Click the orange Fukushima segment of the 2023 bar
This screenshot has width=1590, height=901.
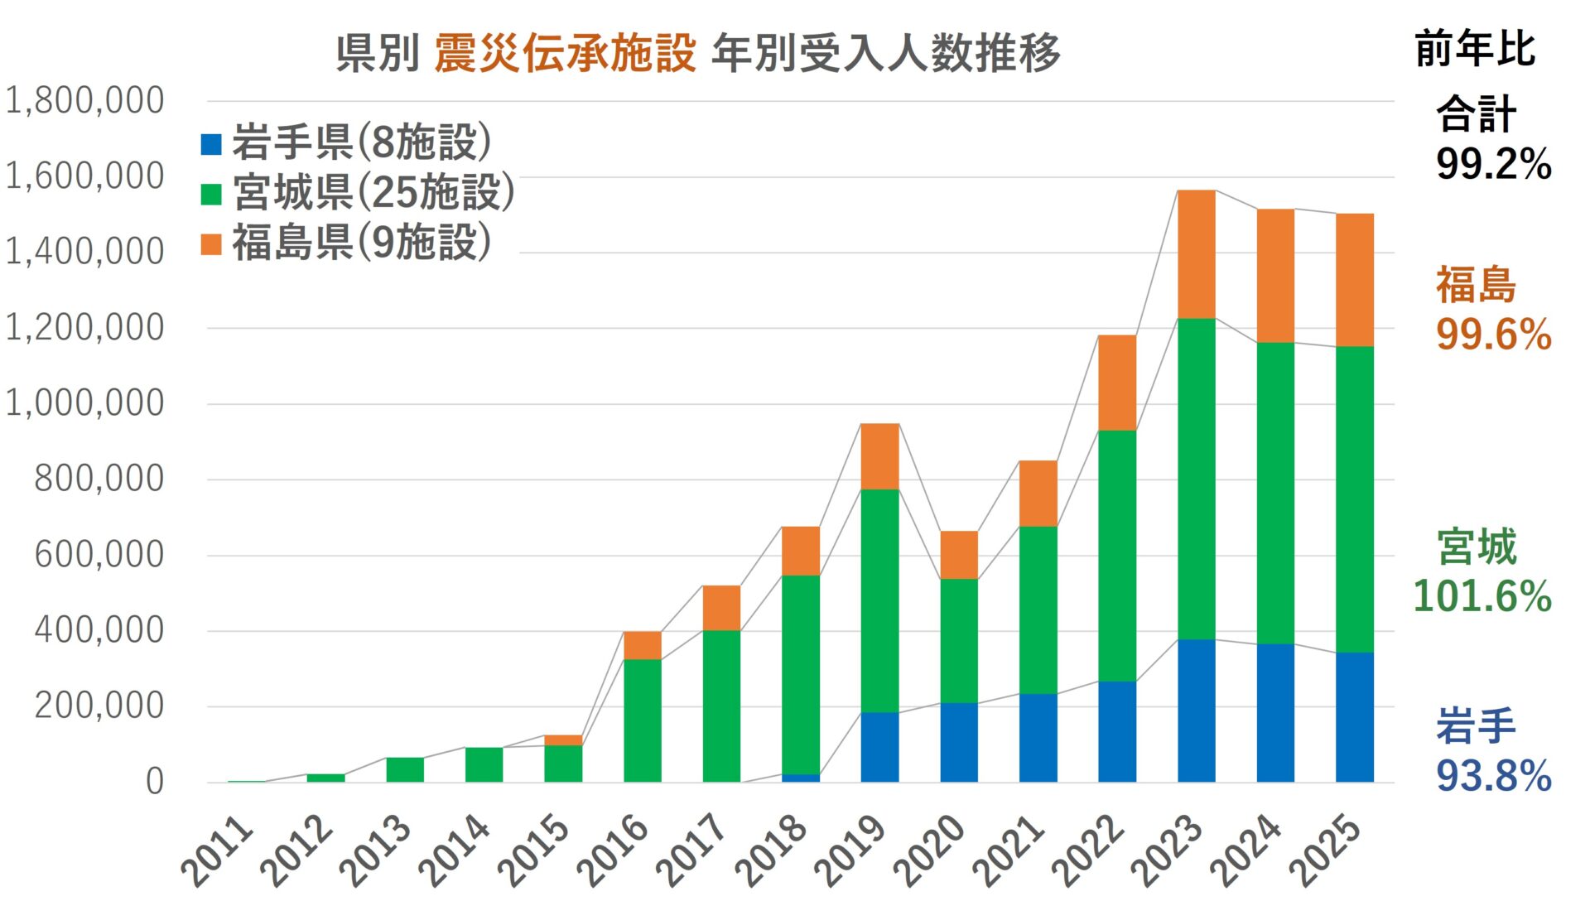click(x=1196, y=254)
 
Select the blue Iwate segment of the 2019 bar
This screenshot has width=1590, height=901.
click(x=879, y=747)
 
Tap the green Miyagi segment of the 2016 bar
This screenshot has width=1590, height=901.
click(x=642, y=720)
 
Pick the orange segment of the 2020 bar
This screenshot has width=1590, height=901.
click(x=959, y=555)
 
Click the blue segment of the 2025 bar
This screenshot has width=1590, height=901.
click(x=1354, y=717)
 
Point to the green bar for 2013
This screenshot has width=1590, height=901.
click(x=405, y=769)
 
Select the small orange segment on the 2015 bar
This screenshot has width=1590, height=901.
click(x=563, y=740)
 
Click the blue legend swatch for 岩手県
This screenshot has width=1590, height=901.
click(x=211, y=144)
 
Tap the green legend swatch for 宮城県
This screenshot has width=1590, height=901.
click(x=211, y=194)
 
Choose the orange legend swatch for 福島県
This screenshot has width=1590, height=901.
click(x=211, y=244)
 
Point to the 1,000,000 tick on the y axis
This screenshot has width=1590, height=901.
click(x=84, y=403)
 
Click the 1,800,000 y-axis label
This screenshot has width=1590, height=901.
click(x=84, y=101)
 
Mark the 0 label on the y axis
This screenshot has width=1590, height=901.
click(x=155, y=782)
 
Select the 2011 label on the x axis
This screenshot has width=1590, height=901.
click(x=217, y=851)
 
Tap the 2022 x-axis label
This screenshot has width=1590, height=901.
click(x=1088, y=851)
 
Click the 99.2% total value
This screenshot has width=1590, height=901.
click(x=1493, y=164)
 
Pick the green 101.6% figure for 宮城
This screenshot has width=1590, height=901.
click(x=1482, y=596)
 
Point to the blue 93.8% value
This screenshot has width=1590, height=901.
click(x=1493, y=776)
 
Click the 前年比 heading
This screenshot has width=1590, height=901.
click(x=1475, y=49)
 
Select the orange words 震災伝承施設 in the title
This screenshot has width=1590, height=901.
click(x=564, y=54)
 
